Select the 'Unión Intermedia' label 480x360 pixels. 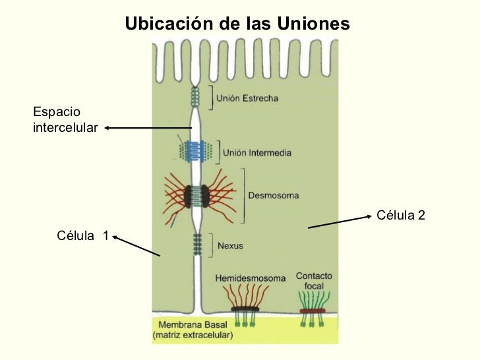(257, 152)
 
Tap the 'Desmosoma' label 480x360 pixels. (273, 195)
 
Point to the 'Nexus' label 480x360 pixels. (230, 246)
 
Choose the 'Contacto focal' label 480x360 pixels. (314, 281)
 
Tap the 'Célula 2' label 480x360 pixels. (400, 215)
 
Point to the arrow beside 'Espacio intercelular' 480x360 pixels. (148, 128)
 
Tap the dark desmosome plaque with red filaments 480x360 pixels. (196, 195)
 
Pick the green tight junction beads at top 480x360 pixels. (195, 98)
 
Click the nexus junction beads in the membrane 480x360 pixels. (196, 244)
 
